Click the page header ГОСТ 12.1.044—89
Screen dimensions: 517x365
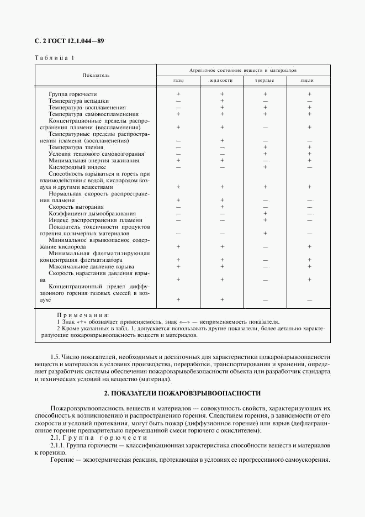coord(69,41)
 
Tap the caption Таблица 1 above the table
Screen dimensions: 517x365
coord(54,57)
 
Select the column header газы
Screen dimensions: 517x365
coord(178,81)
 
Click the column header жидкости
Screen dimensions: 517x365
coord(221,81)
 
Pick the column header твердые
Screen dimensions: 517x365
coord(265,81)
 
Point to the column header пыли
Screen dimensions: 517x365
coord(309,81)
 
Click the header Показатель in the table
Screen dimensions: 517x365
coord(96,75)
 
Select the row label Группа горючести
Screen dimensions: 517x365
coord(72,94)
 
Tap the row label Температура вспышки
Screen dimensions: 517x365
coord(76,101)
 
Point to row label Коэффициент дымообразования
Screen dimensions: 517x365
coord(84,214)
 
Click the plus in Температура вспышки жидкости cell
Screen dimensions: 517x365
coord(221,101)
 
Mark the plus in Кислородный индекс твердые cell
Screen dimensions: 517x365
coord(265,167)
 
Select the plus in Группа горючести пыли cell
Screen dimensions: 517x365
coord(309,94)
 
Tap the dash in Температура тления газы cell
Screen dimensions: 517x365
coord(178,147)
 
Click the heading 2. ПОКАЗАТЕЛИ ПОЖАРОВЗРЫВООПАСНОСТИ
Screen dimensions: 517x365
coord(182,393)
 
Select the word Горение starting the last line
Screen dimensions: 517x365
coord(62,460)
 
